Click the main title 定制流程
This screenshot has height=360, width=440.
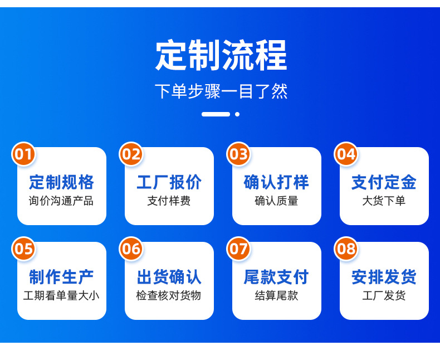221,55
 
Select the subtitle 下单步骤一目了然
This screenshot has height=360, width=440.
221,91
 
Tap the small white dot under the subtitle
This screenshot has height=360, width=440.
237,114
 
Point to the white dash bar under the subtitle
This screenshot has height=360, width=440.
216,114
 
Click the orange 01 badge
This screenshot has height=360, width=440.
23,154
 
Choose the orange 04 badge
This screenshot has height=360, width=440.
346,154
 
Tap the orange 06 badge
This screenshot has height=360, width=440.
131,249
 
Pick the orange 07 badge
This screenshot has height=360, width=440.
238,249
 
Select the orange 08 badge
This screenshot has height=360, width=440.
346,249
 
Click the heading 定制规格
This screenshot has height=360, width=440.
61,182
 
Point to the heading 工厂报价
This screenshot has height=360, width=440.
169,182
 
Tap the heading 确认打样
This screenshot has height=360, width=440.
276,182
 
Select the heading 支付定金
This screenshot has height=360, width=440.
384,182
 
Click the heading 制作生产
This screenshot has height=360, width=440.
61,277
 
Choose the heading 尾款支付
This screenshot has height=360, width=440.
276,277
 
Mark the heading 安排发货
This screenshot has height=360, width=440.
384,277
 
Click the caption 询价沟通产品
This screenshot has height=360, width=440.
61,201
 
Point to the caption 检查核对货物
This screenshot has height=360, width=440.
169,296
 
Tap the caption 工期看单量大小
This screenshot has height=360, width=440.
61,296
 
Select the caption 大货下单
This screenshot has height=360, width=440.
384,201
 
